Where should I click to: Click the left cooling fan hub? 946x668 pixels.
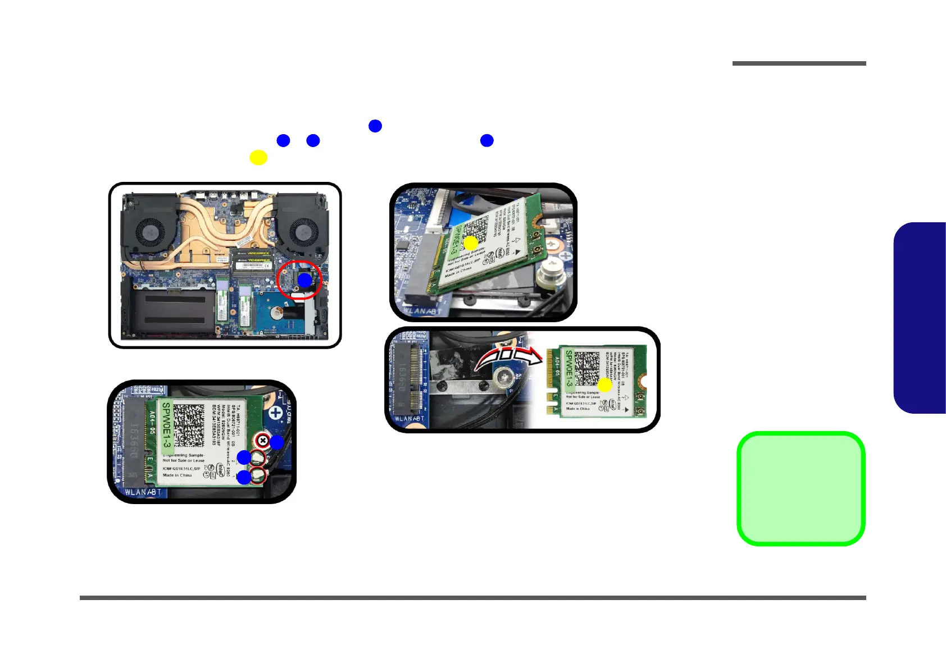pyautogui.click(x=150, y=230)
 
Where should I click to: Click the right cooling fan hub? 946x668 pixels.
pyautogui.click(x=301, y=230)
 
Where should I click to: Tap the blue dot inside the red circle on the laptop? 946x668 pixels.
pyautogui.click(x=304, y=280)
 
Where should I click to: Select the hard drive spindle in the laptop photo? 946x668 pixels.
pyautogui.click(x=276, y=313)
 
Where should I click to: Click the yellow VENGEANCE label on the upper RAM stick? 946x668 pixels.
pyautogui.click(x=258, y=254)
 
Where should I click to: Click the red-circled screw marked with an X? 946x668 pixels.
pyautogui.click(x=262, y=441)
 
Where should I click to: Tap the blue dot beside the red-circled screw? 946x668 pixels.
pyautogui.click(x=276, y=442)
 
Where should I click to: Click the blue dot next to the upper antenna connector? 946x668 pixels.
pyautogui.click(x=244, y=457)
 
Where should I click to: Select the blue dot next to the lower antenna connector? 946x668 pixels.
pyautogui.click(x=244, y=477)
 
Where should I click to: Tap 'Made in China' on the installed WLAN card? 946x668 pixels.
pyautogui.click(x=177, y=475)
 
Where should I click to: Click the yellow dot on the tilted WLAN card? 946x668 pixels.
pyautogui.click(x=470, y=243)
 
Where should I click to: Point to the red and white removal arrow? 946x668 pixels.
pyautogui.click(x=508, y=358)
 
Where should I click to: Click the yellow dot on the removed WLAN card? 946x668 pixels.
pyautogui.click(x=604, y=385)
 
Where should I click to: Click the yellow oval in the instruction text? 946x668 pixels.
pyautogui.click(x=258, y=158)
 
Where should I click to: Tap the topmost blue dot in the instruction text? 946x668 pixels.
pyautogui.click(x=375, y=126)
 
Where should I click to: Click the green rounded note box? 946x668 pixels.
pyautogui.click(x=801, y=488)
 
